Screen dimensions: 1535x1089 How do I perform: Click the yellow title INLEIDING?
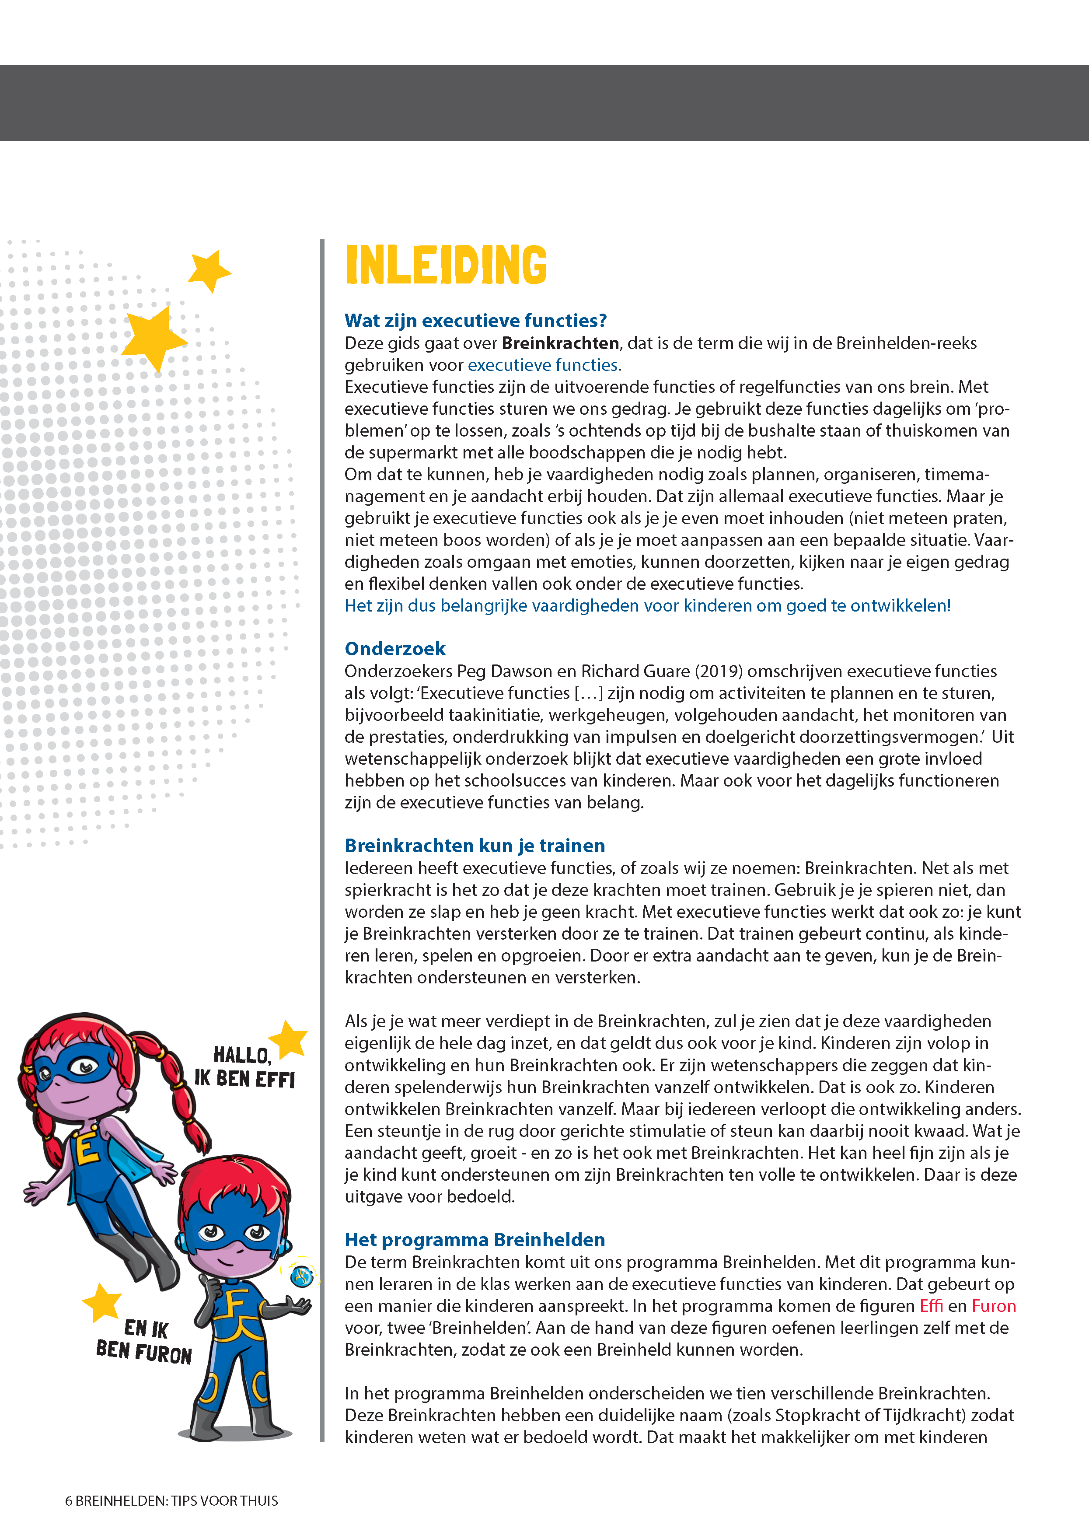pos(446,265)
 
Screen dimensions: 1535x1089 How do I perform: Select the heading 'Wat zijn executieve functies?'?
pos(475,321)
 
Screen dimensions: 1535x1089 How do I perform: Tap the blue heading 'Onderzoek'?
pos(395,648)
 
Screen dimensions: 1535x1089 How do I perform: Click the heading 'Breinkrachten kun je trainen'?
pos(475,845)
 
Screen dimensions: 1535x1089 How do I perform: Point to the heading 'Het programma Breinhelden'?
pos(475,1239)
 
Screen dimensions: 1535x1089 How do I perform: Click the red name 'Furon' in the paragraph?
pos(994,1306)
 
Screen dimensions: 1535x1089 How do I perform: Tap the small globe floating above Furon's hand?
pos(302,1276)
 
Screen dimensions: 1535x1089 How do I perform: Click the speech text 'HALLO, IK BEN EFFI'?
pos(244,1067)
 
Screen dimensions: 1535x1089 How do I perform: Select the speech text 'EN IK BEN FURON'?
pos(144,1341)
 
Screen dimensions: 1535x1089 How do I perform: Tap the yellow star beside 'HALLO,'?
pos(290,1039)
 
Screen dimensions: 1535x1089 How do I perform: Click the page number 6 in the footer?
pos(68,1501)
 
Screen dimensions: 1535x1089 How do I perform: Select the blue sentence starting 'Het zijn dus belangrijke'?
pos(647,605)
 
